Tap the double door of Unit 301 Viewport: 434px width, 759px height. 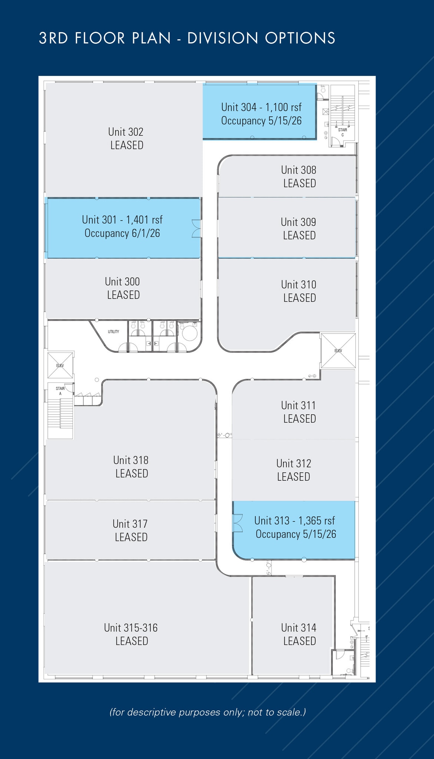pyautogui.click(x=196, y=228)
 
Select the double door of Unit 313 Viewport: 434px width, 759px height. pyautogui.click(x=238, y=523)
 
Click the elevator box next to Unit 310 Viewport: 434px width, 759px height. pyautogui.click(x=338, y=351)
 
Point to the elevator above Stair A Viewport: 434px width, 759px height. pyautogui.click(x=60, y=365)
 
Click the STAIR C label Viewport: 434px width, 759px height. pyautogui.click(x=342, y=132)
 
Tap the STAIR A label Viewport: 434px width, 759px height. pyautogui.click(x=60, y=391)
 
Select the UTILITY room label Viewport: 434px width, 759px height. pyautogui.click(x=113, y=332)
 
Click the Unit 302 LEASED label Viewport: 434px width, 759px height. pyautogui.click(x=126, y=138)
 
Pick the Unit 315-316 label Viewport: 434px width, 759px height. pyautogui.click(x=131, y=634)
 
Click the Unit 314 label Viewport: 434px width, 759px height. pyautogui.click(x=299, y=634)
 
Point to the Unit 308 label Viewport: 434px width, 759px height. pyautogui.click(x=299, y=176)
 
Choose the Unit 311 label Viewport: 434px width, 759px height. pyautogui.click(x=299, y=412)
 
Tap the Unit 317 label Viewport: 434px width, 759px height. pyautogui.click(x=130, y=530)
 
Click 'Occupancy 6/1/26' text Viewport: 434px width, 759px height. pyautogui.click(x=122, y=233)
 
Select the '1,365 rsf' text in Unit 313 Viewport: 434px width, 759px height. pyautogui.click(x=317, y=521)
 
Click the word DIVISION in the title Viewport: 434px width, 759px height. pyautogui.click(x=223, y=38)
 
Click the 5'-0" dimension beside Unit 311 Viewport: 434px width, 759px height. pyautogui.click(x=225, y=435)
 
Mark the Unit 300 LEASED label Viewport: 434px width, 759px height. pyautogui.click(x=123, y=288)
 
